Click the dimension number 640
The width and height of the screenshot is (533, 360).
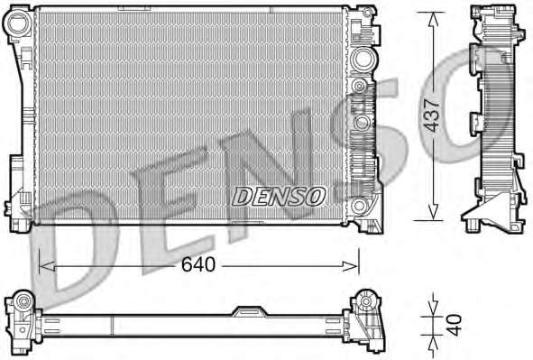198,265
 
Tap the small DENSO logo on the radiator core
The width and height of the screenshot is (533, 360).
278,194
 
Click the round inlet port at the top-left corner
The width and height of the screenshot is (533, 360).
17,25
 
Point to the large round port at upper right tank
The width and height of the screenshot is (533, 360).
363,60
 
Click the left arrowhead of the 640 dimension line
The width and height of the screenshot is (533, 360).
42,265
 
